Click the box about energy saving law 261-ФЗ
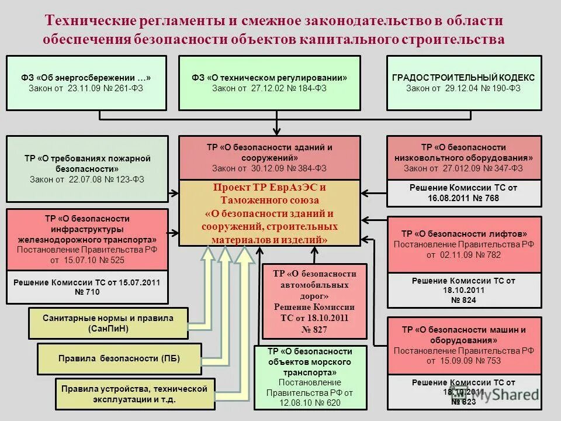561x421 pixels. pos(86,83)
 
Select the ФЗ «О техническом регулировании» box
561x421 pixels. pos(269,83)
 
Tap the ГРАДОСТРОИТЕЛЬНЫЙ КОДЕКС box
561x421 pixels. pos(463,83)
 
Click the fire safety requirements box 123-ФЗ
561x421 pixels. pos(87,169)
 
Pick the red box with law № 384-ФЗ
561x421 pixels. pos(269,158)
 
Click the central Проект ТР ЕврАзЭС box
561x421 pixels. pos(269,213)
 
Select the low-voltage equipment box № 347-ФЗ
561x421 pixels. pos(463,158)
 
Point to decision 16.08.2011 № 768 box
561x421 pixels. pos(463,193)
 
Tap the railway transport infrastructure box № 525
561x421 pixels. pos(87,239)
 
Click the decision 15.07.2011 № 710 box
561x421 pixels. pos(87,287)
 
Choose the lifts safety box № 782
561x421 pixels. pos(463,244)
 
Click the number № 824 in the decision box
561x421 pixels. pos(463,300)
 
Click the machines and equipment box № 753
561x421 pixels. pos(463,345)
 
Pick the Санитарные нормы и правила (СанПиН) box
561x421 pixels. pos(108,323)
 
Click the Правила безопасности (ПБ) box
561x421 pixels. pos(119,358)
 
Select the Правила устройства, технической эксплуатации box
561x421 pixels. pos(135,394)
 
